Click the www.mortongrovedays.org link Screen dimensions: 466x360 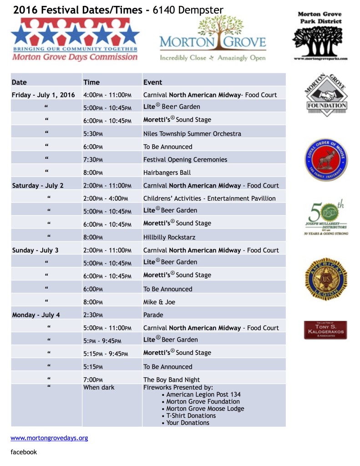pyautogui.click(x=49, y=438)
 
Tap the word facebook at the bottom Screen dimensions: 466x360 pyautogui.click(x=24, y=452)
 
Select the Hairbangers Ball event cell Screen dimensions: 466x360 pyautogui.click(x=167, y=172)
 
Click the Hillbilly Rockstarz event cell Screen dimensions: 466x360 pyautogui.click(x=170, y=237)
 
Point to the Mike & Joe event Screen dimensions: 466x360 pyautogui.click(x=159, y=302)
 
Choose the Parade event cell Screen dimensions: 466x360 pyautogui.click(x=153, y=314)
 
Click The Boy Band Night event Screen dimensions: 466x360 pyautogui.click(x=172, y=380)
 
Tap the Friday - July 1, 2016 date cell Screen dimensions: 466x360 pyautogui.click(x=43, y=95)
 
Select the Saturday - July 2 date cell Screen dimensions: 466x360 pyautogui.click(x=38, y=185)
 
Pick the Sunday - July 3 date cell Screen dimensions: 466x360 pyautogui.click(x=35, y=250)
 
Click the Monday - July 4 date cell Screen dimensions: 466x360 pyautogui.click(x=36, y=314)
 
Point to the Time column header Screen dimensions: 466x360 pyautogui.click(x=91, y=82)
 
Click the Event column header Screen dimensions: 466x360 pyautogui.click(x=153, y=82)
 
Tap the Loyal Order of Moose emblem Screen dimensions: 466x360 pyautogui.click(x=326, y=160)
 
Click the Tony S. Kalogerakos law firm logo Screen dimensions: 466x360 pyautogui.click(x=325, y=330)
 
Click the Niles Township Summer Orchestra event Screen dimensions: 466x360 pyautogui.click(x=192, y=134)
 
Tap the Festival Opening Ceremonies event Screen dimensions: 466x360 pyautogui.click(x=185, y=160)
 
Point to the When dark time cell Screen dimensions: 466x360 pyautogui.click(x=99, y=387)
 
